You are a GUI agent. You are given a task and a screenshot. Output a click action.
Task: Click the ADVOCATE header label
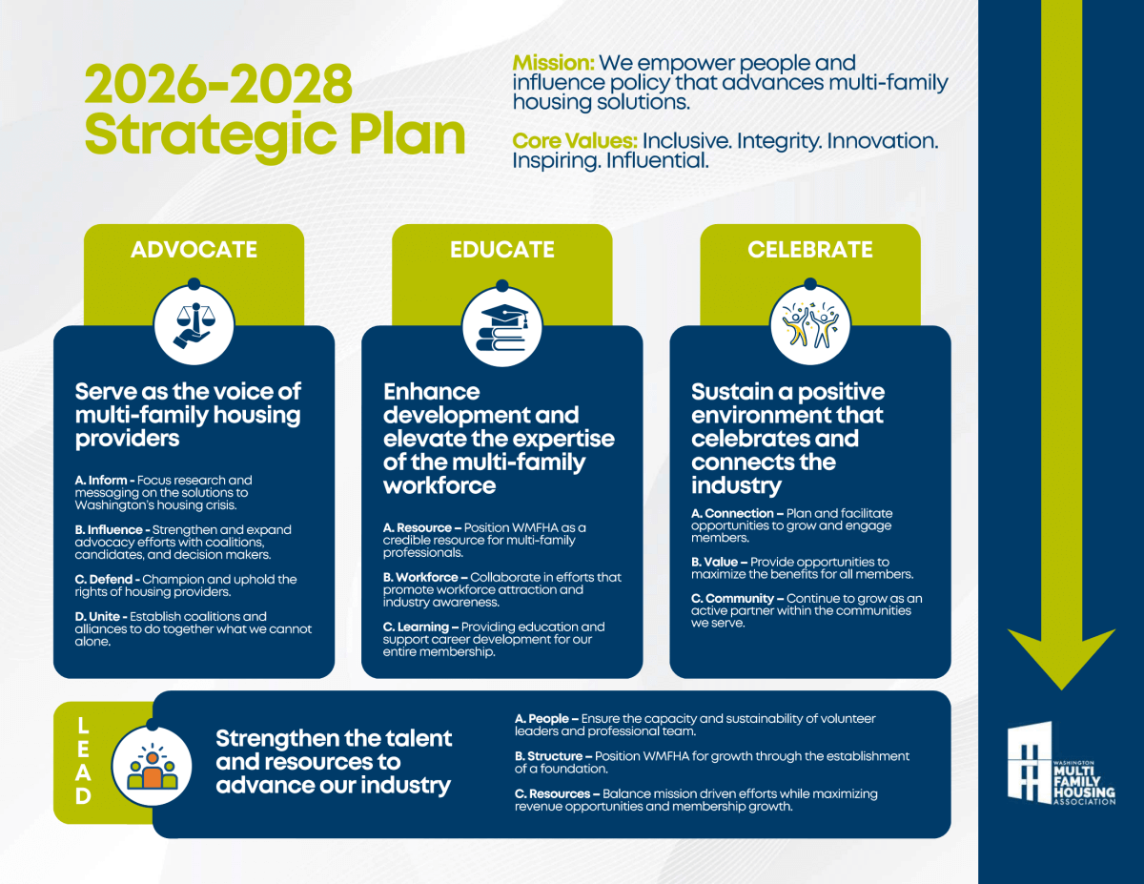click(x=194, y=250)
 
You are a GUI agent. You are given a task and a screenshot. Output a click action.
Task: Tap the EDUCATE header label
click(x=501, y=250)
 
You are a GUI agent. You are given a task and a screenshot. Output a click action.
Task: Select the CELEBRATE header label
click(x=809, y=250)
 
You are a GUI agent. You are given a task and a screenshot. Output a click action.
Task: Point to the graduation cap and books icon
click(x=501, y=327)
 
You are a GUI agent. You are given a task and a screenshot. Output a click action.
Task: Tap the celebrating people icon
click(x=809, y=325)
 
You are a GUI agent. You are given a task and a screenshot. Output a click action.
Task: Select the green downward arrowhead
click(x=1061, y=658)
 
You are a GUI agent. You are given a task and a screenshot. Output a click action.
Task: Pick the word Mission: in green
click(x=553, y=63)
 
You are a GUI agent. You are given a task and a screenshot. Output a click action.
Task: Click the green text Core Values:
click(x=575, y=140)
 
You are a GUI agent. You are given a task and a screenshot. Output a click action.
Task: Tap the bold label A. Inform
click(x=101, y=481)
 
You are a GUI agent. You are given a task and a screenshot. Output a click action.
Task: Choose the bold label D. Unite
click(x=97, y=616)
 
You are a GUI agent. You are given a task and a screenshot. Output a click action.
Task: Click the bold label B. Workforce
click(x=420, y=577)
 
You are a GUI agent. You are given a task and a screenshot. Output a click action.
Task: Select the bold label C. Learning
click(x=416, y=627)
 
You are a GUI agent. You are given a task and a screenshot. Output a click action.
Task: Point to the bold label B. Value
click(x=714, y=562)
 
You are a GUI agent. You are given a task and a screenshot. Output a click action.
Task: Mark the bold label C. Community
click(x=732, y=599)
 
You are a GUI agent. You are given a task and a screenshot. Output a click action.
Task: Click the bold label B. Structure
click(x=548, y=756)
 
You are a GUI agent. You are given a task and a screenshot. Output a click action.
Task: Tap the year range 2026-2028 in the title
click(x=218, y=84)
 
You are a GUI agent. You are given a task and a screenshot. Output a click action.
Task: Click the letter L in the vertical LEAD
click(x=83, y=727)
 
